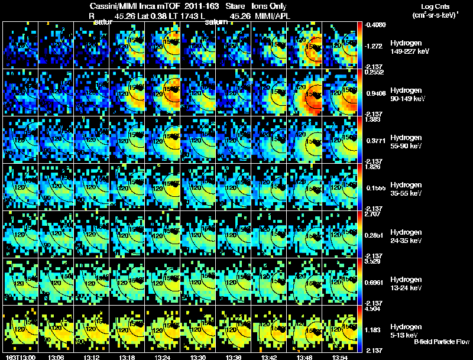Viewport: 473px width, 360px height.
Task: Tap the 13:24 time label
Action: point(163,357)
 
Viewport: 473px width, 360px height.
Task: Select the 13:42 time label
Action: point(270,357)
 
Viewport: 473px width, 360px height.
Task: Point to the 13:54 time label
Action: point(341,357)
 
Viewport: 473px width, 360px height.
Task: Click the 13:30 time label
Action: point(199,357)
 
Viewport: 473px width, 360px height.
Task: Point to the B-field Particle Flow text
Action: point(442,342)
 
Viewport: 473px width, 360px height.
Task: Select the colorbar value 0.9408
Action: point(375,93)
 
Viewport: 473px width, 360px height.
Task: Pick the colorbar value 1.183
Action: point(375,330)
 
